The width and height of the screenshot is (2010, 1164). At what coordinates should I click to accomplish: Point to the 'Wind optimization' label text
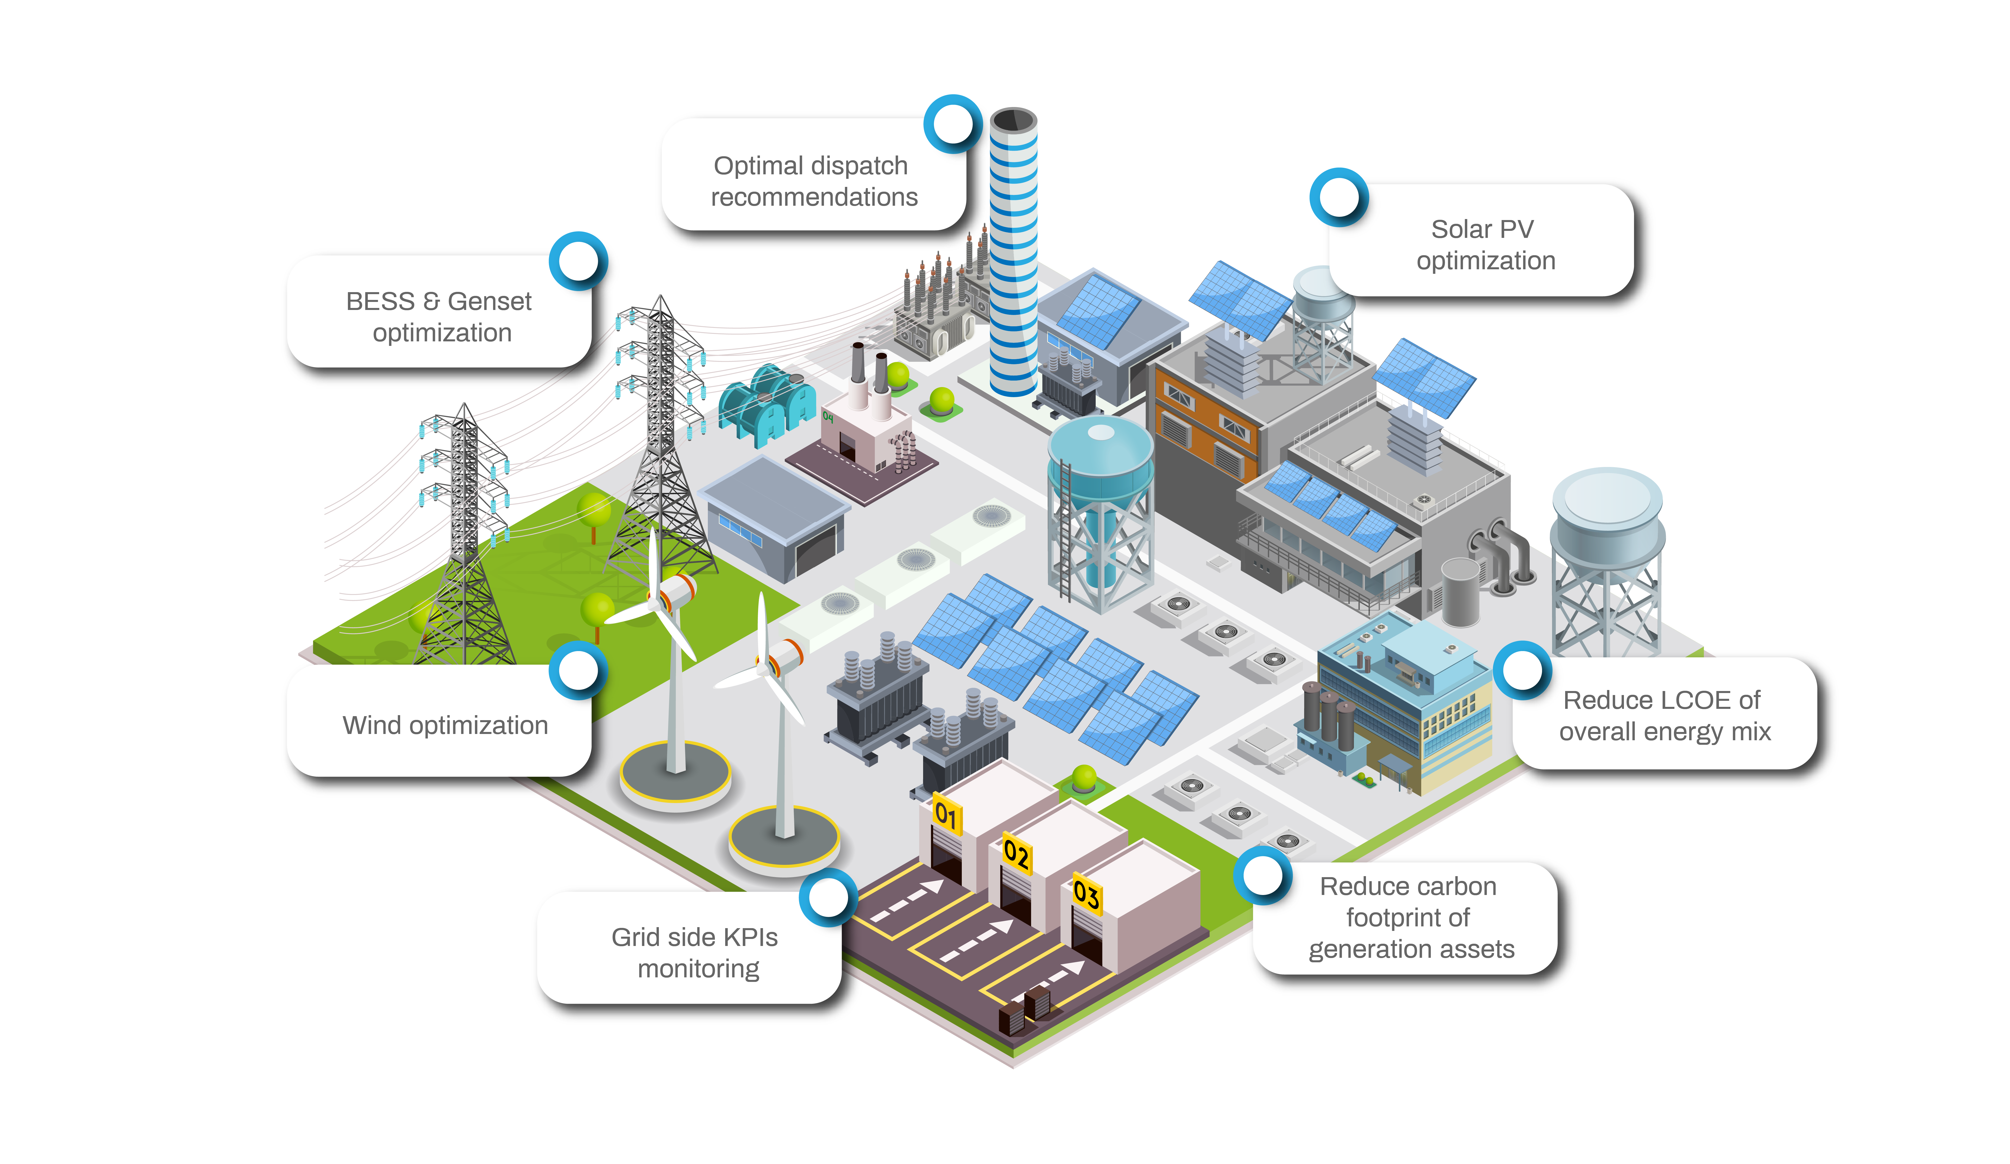[x=445, y=725]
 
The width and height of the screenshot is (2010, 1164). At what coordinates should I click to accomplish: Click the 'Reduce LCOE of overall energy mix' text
[x=1664, y=716]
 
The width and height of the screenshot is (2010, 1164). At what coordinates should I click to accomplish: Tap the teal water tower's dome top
[x=1101, y=435]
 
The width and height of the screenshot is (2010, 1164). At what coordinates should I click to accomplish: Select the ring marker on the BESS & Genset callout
[x=578, y=261]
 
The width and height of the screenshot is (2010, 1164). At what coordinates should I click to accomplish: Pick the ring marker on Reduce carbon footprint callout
[x=1263, y=875]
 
